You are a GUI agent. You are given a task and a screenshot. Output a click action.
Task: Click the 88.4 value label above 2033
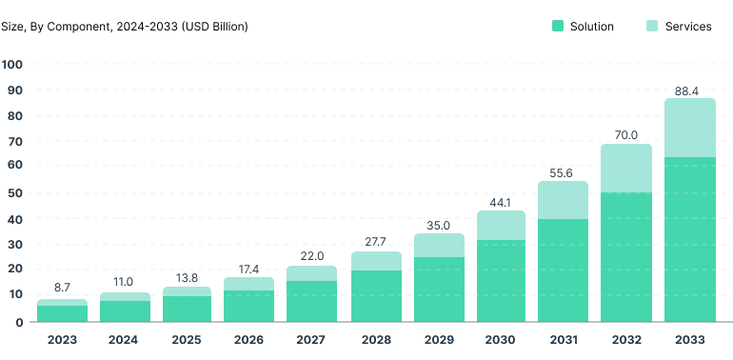(688, 90)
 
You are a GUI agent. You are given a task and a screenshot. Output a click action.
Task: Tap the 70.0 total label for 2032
(625, 136)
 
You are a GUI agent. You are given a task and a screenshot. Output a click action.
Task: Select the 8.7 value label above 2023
(62, 287)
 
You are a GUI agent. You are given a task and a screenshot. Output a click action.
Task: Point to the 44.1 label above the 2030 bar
(500, 203)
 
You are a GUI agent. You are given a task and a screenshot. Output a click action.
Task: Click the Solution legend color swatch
(558, 27)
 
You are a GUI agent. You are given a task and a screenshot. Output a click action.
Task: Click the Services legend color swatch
(652, 27)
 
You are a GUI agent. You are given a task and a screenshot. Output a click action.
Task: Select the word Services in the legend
(688, 27)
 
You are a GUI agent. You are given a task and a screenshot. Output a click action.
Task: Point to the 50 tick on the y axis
(16, 193)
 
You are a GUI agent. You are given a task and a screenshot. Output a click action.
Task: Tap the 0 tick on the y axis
(20, 322)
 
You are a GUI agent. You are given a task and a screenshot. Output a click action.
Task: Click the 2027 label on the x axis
(312, 340)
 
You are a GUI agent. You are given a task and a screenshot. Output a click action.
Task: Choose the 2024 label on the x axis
(125, 340)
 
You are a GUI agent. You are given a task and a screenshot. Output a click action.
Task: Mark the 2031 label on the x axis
(563, 340)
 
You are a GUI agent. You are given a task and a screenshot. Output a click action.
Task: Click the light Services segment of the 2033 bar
(689, 128)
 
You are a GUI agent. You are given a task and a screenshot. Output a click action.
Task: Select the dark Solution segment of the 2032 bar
(625, 257)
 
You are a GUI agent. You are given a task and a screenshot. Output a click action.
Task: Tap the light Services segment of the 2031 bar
(563, 200)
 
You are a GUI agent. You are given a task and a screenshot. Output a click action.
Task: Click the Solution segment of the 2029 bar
(438, 290)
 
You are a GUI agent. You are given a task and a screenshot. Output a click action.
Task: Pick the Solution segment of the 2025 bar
(188, 309)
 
